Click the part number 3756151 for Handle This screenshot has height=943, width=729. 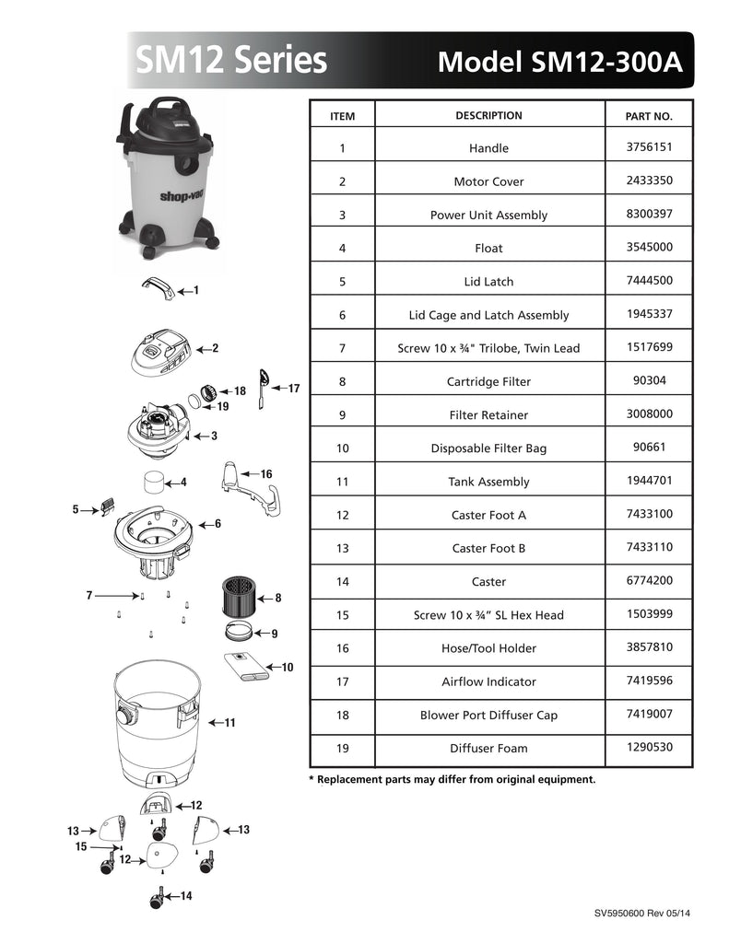coord(649,146)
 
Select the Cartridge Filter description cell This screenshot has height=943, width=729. coord(488,381)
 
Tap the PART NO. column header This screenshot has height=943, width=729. coord(649,116)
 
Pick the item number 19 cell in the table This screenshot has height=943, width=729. coord(343,748)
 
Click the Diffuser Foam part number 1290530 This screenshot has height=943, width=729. coord(649,747)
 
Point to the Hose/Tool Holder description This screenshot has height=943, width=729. coord(488,648)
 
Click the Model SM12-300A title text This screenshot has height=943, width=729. coord(559,62)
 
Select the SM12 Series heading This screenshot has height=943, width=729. coord(231,60)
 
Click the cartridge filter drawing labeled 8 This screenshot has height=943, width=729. coord(239,597)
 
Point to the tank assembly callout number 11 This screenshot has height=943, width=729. coord(230,722)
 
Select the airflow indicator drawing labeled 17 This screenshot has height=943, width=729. coord(264,389)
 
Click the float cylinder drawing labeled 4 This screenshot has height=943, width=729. coord(154,483)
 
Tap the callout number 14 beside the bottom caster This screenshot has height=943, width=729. coord(186,895)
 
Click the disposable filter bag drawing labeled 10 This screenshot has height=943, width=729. coord(246,667)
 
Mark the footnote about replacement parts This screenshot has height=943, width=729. coord(453,779)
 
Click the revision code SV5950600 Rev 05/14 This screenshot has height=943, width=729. coord(642,913)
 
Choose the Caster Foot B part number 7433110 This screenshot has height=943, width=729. coord(649,547)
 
